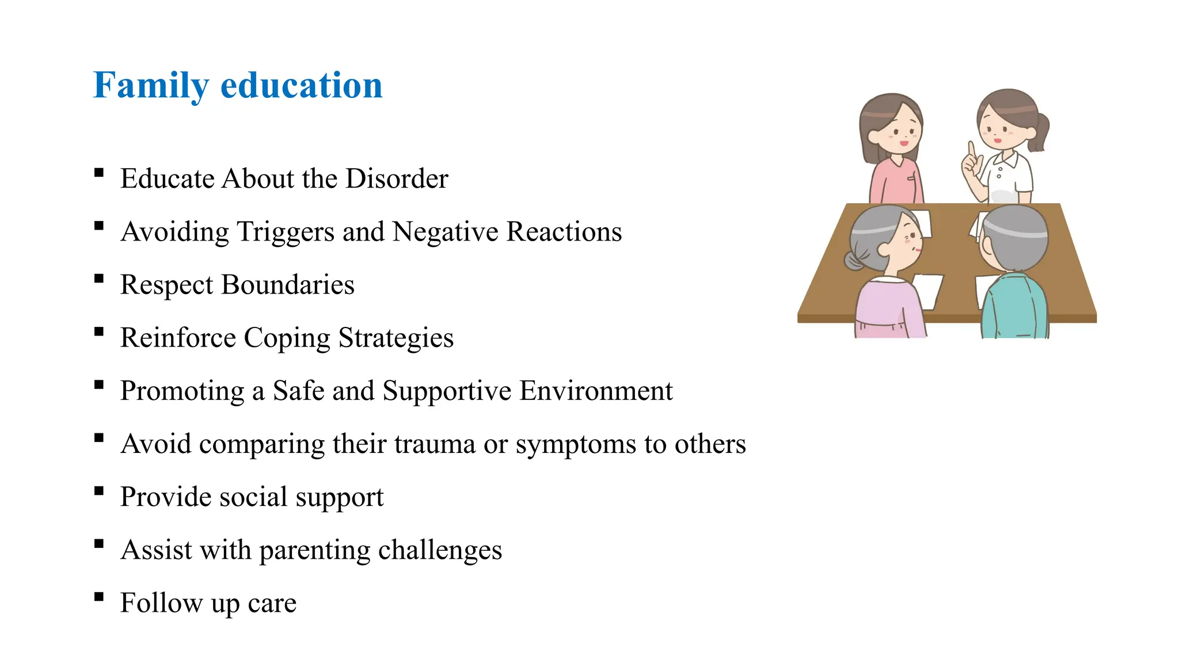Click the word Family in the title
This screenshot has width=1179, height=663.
click(x=150, y=86)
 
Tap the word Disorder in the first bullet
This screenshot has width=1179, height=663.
click(x=397, y=178)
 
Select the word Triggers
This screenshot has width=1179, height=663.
click(x=286, y=232)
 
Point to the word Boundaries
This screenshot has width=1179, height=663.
click(x=288, y=285)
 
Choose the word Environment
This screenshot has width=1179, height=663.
click(x=596, y=391)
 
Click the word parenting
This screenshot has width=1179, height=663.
click(x=315, y=551)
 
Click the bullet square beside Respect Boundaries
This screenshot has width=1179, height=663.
click(x=99, y=279)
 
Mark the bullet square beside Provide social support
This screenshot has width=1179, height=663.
click(x=99, y=491)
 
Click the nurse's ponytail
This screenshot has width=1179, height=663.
click(x=1040, y=132)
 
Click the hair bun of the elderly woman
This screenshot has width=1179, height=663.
click(x=854, y=260)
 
